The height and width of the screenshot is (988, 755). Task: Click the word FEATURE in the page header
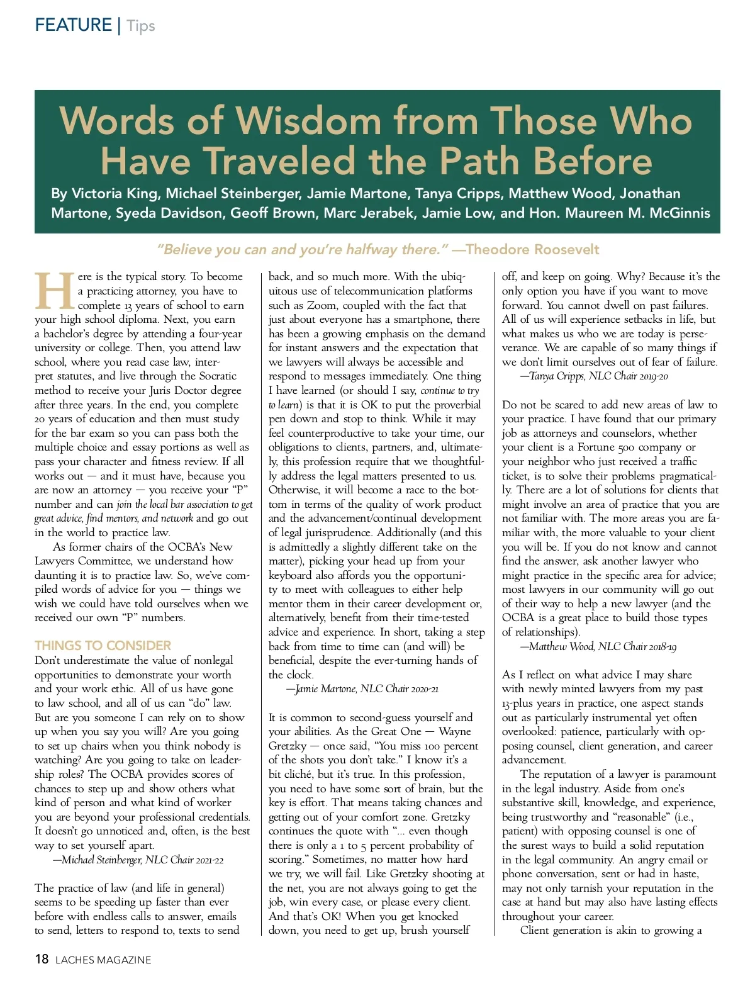[x=73, y=25]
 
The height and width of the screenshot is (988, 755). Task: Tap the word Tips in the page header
[x=141, y=26]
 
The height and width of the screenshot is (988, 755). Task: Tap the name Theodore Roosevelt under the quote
[x=533, y=250]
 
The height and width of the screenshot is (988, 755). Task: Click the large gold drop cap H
[x=55, y=291]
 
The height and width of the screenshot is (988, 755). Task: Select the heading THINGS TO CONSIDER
[x=103, y=646]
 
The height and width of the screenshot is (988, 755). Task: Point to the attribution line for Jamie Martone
[x=362, y=689]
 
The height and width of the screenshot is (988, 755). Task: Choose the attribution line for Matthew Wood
[x=598, y=646]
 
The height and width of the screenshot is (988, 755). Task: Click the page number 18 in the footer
[x=42, y=959]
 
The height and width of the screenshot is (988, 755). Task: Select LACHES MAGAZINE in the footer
[x=103, y=960]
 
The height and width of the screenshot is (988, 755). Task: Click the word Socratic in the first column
[x=215, y=376]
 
